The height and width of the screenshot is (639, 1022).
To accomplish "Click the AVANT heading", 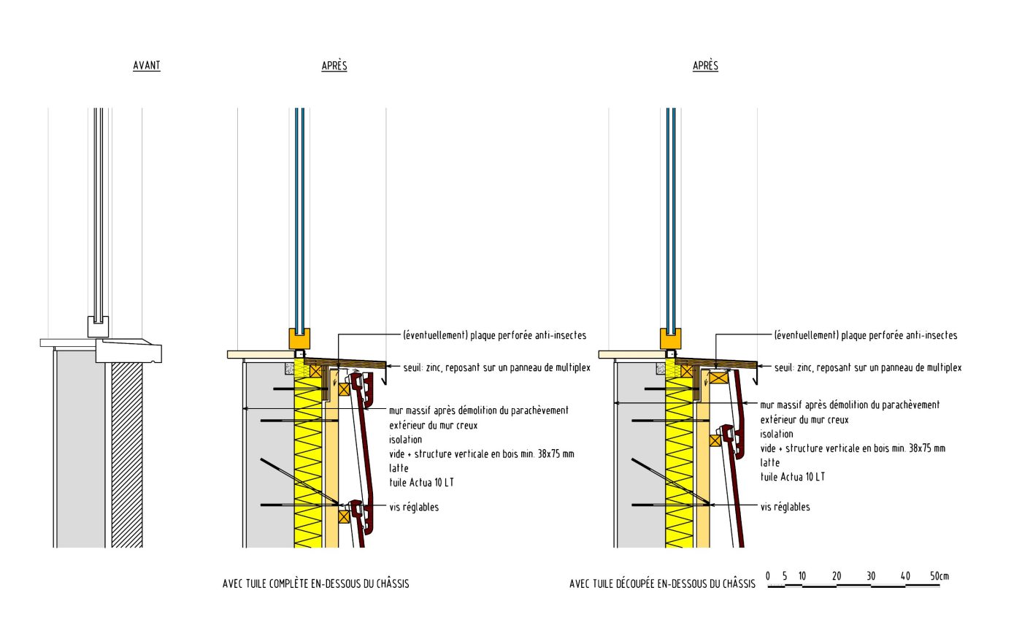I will click(146, 66).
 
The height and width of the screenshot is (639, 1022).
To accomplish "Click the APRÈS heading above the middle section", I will click(334, 66).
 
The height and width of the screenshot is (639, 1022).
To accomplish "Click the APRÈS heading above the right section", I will click(705, 66).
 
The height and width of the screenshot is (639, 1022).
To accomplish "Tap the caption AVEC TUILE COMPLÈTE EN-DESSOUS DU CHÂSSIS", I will click(315, 584).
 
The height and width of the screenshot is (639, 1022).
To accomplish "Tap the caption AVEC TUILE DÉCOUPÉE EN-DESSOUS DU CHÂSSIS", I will click(662, 584).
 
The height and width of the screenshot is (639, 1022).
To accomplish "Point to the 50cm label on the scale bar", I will click(939, 576).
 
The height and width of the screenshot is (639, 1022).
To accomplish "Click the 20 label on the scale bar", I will click(837, 576).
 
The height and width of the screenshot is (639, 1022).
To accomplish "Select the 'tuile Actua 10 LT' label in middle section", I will click(421, 483).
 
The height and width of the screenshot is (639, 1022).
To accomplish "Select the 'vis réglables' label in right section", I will click(785, 507).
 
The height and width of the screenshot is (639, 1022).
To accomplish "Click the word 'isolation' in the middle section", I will click(405, 440).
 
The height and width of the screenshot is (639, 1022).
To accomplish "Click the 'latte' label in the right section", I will click(769, 463).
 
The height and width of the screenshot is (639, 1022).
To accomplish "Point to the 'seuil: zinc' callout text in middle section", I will click(496, 368).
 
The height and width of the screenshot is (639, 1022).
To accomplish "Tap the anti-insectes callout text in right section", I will click(865, 335).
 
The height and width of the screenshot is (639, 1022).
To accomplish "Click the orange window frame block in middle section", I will click(299, 339).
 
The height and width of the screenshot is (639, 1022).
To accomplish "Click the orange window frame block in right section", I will click(670, 339).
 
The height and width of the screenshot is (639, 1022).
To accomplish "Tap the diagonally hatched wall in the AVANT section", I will click(127, 453).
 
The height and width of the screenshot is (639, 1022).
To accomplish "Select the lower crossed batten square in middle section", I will click(344, 516).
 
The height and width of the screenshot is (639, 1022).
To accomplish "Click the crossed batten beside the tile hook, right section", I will click(715, 440).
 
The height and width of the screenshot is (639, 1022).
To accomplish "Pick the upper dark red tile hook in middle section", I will click(360, 383).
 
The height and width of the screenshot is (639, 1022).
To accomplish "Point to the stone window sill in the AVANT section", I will click(131, 351).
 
